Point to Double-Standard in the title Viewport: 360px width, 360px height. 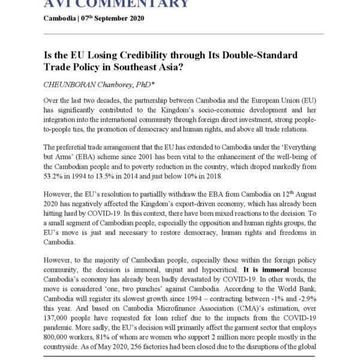(x=260, y=55)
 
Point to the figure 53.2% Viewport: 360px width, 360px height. (x=54, y=178)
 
